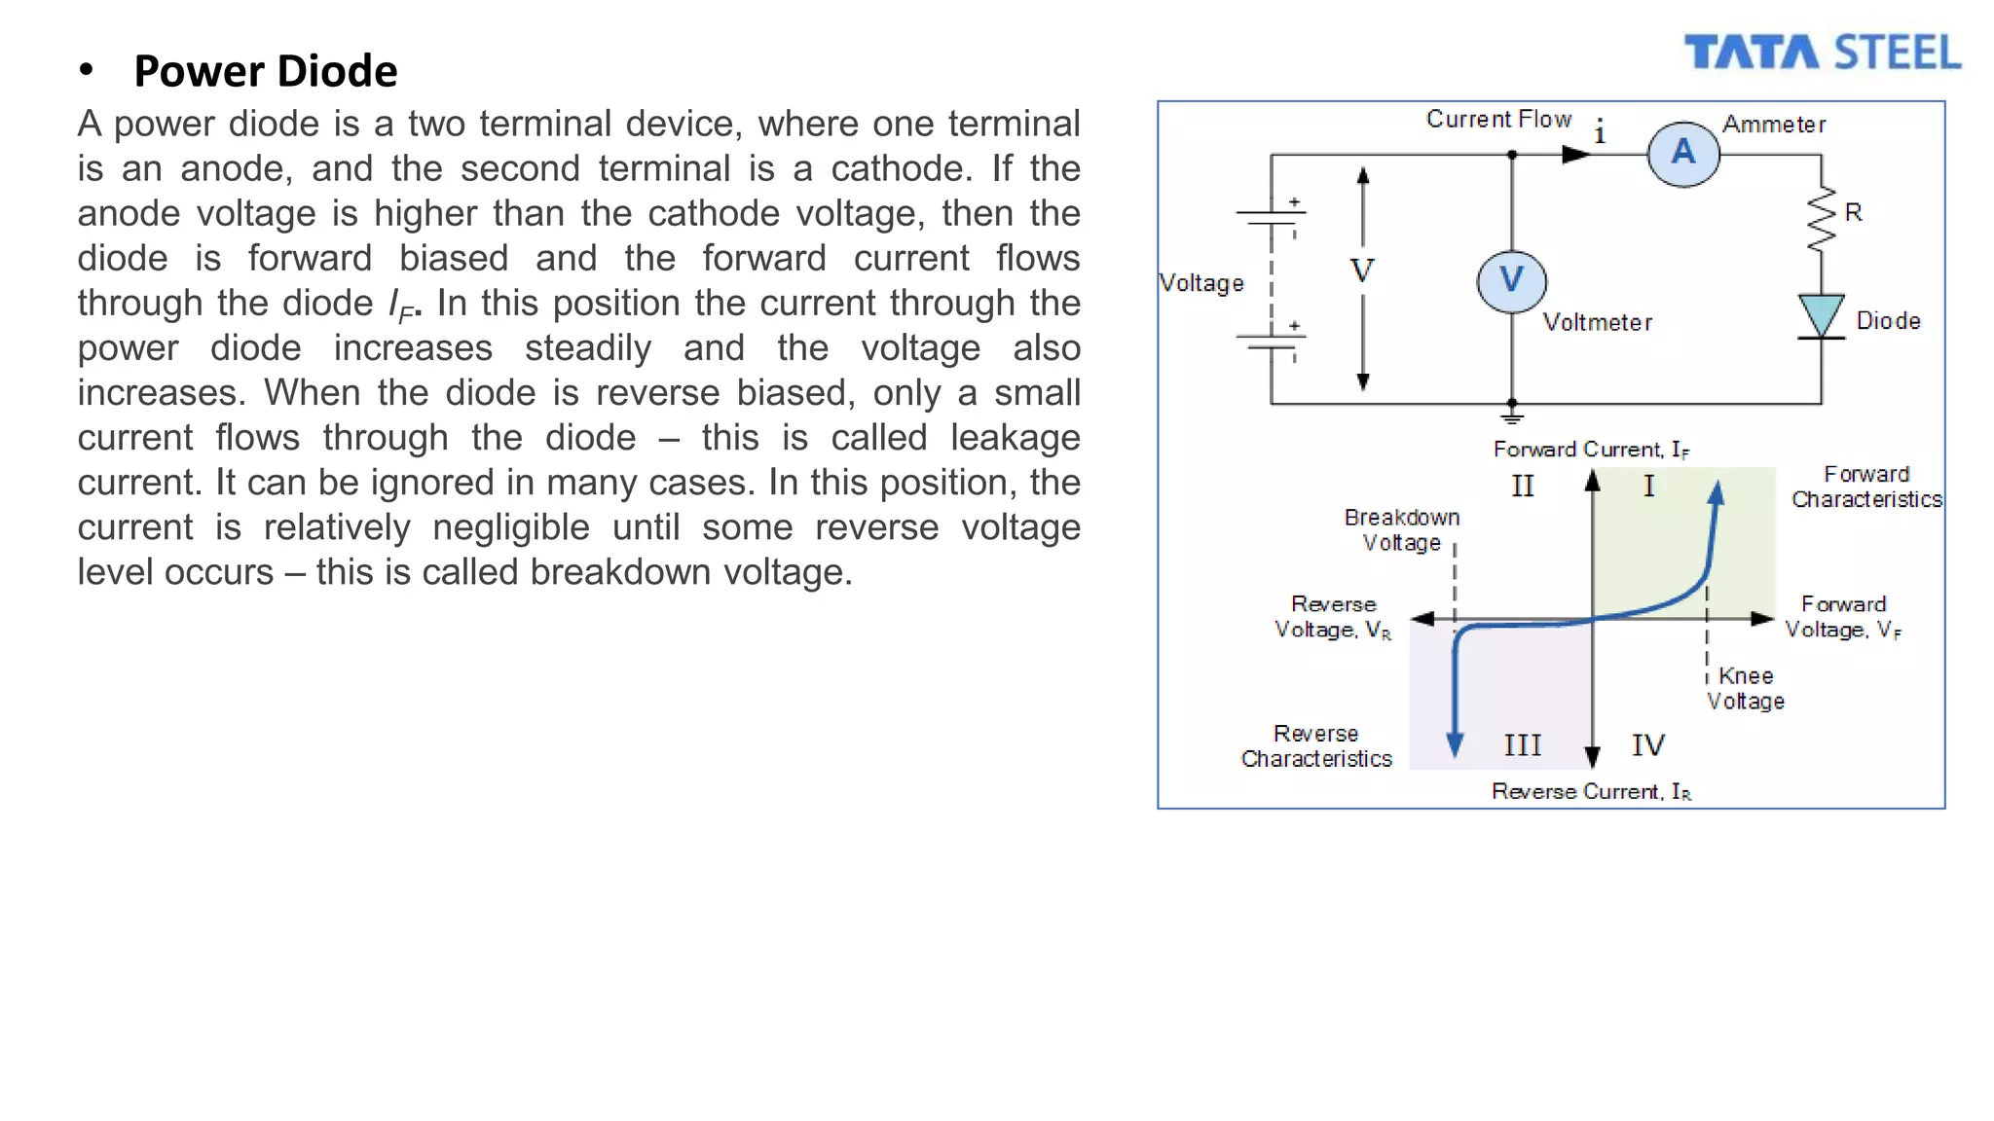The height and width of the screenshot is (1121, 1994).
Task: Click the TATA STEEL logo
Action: [1822, 53]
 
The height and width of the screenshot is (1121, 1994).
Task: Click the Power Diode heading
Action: [265, 71]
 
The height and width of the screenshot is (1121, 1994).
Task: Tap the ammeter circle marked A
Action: [1683, 154]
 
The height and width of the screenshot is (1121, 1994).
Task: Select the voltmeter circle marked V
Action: [1511, 281]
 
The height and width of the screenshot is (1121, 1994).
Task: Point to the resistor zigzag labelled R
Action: [1821, 218]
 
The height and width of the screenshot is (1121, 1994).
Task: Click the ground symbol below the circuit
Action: [1511, 416]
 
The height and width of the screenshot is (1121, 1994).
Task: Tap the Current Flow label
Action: [1498, 119]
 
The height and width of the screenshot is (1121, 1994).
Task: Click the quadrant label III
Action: [1522, 745]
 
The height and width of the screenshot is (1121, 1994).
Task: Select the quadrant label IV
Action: [1648, 745]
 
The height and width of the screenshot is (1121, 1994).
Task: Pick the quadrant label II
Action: [1522, 486]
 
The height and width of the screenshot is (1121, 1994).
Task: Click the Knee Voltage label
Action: [1746, 688]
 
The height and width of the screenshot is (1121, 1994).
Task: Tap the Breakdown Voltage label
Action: [1402, 529]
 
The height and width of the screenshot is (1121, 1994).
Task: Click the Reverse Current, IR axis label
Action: [1591, 791]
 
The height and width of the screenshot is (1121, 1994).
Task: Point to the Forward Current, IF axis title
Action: [1591, 449]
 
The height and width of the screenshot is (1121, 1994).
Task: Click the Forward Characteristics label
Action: [1866, 487]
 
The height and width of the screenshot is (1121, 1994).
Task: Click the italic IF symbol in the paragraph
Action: [401, 307]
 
